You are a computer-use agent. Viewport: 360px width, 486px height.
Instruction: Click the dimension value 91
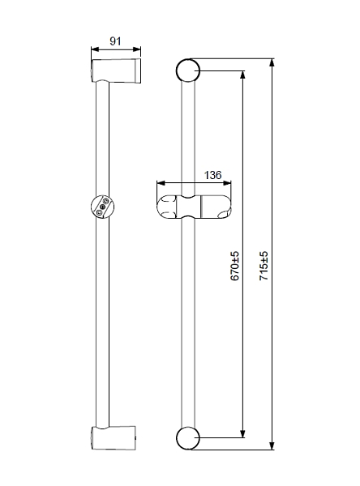click(115, 41)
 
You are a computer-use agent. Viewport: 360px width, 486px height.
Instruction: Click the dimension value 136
click(213, 175)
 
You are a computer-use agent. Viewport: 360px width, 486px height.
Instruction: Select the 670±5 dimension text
click(235, 266)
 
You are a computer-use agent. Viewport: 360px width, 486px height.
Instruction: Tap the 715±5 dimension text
click(264, 266)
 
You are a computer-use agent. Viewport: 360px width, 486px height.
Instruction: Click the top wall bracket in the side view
click(116, 70)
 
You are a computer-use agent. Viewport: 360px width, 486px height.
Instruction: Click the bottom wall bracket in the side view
click(114, 437)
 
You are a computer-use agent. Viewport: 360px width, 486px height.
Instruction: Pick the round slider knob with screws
click(102, 207)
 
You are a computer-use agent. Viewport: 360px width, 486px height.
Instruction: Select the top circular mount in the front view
click(188, 70)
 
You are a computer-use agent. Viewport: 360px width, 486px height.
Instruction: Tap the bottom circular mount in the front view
click(188, 438)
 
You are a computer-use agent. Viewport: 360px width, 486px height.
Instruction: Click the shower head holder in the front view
click(194, 207)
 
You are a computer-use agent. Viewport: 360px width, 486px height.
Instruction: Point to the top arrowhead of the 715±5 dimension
click(272, 62)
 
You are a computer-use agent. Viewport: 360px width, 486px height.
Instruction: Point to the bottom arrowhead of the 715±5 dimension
click(272, 446)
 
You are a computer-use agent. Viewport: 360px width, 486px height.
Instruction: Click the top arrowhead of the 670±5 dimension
click(242, 75)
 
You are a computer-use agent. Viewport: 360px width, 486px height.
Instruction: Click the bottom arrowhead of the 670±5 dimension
click(242, 433)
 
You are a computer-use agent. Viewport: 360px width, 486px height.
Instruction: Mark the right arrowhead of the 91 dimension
click(137, 49)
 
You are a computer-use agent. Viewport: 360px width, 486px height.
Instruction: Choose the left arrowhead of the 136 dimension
click(161, 183)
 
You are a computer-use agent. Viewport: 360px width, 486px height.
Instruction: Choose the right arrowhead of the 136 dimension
click(227, 183)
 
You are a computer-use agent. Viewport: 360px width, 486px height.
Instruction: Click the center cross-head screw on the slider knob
click(102, 207)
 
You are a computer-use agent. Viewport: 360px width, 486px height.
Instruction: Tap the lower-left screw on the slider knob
click(99, 212)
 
